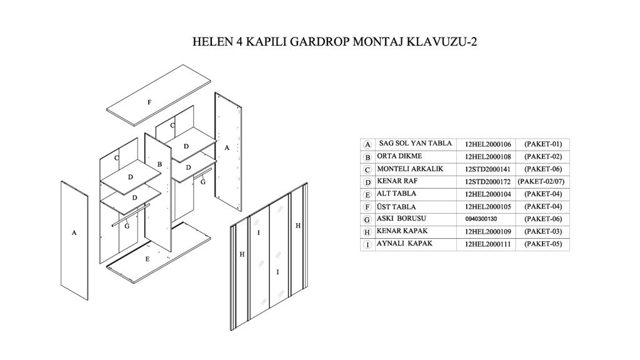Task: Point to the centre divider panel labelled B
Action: (x=158, y=187)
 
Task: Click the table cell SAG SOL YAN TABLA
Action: (x=415, y=144)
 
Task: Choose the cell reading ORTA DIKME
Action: (x=399, y=156)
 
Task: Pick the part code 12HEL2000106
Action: (x=488, y=144)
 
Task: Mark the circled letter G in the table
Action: (x=368, y=219)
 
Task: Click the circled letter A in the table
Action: (x=368, y=144)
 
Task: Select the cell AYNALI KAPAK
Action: (x=404, y=244)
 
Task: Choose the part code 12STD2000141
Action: (x=488, y=169)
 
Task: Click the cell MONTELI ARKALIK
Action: (x=410, y=169)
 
